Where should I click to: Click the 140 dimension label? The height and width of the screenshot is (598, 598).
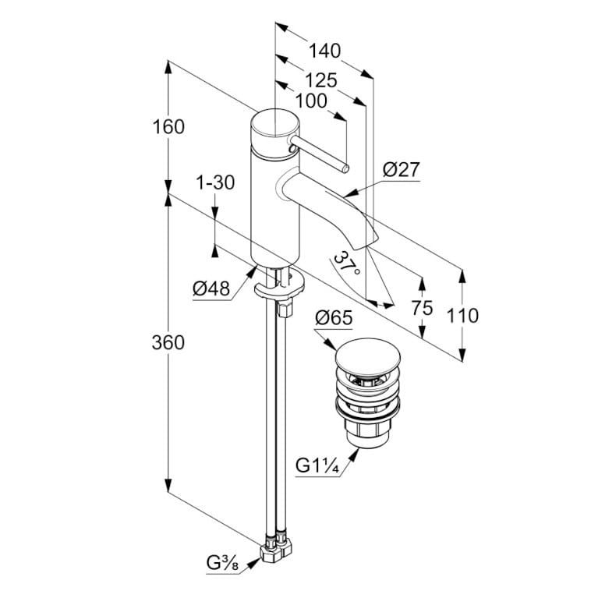[324, 51]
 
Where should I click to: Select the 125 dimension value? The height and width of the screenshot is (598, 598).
[321, 80]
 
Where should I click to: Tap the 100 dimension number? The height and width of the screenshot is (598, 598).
[311, 101]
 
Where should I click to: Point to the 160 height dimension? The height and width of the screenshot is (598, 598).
[168, 126]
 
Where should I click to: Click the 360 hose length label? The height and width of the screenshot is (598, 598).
[168, 342]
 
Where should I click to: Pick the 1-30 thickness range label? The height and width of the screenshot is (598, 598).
[215, 182]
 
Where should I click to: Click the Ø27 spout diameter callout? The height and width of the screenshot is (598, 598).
[402, 169]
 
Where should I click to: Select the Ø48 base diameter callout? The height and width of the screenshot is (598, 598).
[211, 288]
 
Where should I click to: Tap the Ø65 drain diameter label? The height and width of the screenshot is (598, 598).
[334, 317]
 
